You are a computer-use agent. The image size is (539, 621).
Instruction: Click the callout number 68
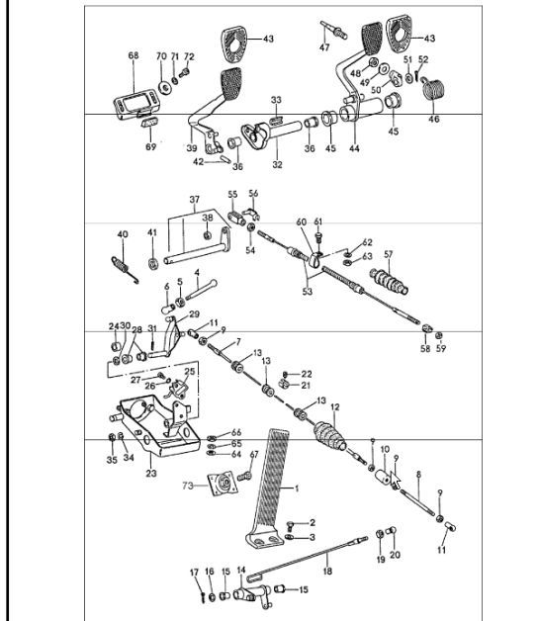click(134, 55)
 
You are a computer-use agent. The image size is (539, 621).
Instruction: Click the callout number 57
click(389, 254)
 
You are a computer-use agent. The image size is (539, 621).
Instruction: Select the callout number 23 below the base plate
click(150, 473)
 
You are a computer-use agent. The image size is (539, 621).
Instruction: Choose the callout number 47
click(323, 46)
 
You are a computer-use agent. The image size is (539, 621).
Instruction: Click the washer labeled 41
click(153, 264)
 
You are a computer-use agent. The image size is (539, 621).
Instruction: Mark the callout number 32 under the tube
click(277, 164)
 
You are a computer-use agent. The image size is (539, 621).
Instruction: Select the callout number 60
click(302, 222)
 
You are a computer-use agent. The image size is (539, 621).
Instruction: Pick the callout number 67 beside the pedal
click(253, 454)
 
